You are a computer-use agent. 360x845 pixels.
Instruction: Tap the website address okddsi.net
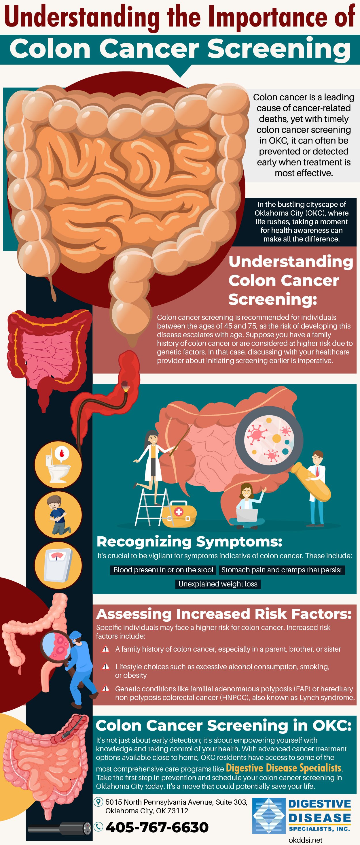(x=305, y=840)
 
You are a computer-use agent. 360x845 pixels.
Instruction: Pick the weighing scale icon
(x=58, y=565)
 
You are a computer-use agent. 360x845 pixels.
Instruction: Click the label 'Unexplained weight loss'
(x=218, y=584)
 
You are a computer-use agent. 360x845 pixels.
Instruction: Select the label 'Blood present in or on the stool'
(x=163, y=570)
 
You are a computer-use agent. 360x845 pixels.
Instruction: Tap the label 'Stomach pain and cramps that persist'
(x=282, y=570)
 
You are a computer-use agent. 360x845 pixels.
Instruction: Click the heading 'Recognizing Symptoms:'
(x=189, y=542)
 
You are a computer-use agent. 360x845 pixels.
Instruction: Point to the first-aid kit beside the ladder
(x=179, y=514)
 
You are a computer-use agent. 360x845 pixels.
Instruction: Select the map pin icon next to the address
(x=98, y=802)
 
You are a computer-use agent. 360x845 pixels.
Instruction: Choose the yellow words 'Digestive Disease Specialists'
(x=284, y=768)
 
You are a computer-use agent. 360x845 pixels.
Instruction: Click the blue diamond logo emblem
(x=268, y=816)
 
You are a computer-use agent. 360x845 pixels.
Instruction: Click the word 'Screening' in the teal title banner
(x=279, y=49)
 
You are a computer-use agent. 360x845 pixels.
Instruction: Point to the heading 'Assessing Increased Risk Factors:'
(x=223, y=614)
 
